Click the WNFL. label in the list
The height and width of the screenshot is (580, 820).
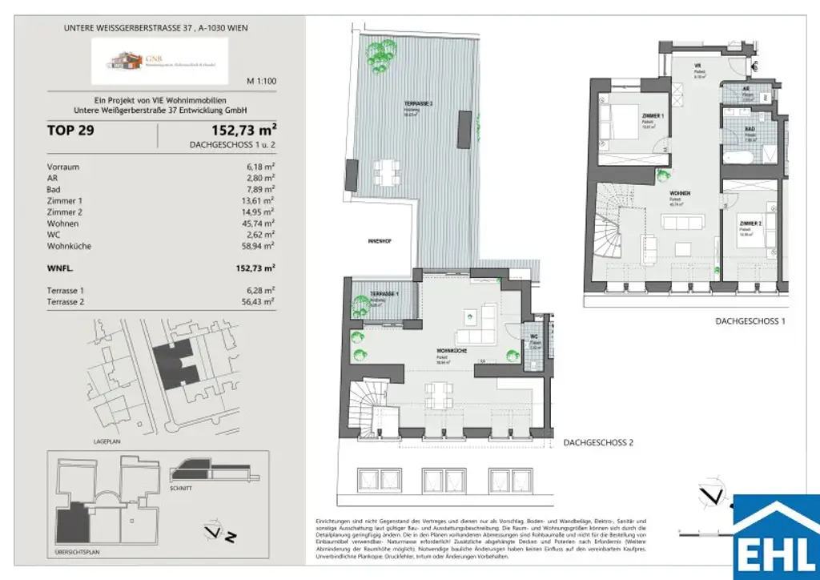61,268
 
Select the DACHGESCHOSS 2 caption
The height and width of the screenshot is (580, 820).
598,442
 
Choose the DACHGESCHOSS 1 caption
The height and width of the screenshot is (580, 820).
750,321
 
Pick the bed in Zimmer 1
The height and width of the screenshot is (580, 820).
616,120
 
